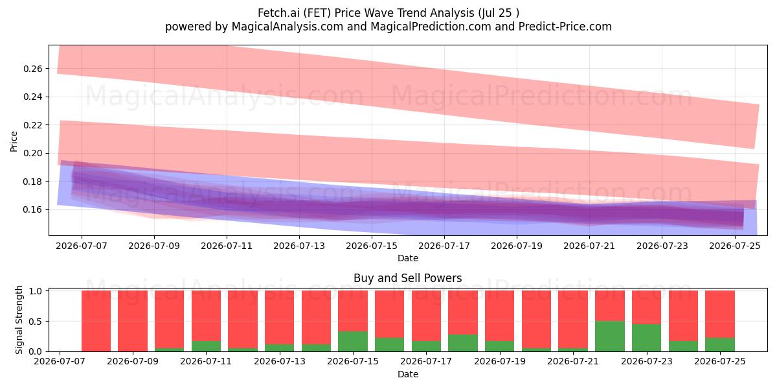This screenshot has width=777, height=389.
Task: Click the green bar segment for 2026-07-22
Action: (610, 336)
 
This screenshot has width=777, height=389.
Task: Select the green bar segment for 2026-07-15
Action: (353, 342)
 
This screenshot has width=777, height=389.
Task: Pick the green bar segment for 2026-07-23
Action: (647, 338)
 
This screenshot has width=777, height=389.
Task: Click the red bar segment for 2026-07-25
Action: (720, 314)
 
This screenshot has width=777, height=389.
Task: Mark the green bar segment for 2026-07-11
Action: (206, 346)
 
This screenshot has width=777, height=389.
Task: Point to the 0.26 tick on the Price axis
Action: (33, 69)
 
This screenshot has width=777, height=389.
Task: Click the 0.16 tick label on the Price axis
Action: (33, 210)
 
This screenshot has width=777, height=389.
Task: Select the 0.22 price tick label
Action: (33, 125)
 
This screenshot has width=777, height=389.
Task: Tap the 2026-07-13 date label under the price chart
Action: (299, 246)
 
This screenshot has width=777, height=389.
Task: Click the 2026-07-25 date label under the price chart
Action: (735, 246)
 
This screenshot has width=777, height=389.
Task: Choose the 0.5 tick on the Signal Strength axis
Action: (36, 322)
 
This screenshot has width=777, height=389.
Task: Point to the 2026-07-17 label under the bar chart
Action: (426, 361)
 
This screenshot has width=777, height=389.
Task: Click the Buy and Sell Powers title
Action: (407, 278)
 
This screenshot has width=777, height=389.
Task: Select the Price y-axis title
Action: (14, 141)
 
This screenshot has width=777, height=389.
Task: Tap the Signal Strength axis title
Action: (19, 320)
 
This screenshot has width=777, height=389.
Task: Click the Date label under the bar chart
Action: (408, 374)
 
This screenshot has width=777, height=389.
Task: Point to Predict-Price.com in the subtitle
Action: (565, 27)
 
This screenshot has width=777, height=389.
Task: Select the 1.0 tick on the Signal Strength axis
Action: (36, 291)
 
